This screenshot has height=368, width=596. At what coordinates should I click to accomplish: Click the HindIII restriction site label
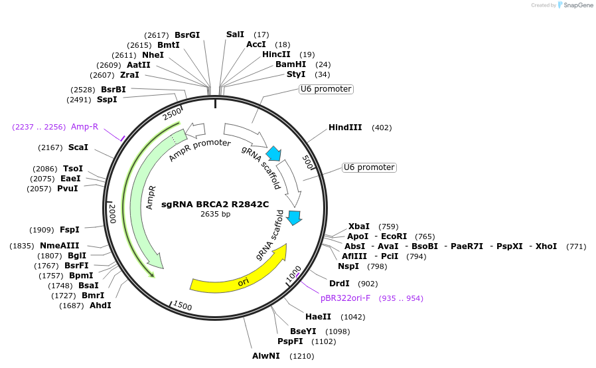345,128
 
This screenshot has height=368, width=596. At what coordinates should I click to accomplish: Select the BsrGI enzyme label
187,35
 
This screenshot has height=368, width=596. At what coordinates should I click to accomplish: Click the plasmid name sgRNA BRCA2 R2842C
216,204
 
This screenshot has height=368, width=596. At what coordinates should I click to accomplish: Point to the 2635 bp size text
216,214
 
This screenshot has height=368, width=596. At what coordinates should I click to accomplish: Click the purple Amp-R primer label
85,127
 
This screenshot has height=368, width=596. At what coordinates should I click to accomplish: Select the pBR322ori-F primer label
347,298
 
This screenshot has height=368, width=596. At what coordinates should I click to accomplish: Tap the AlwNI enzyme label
266,356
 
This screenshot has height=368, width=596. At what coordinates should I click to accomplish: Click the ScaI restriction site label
78,147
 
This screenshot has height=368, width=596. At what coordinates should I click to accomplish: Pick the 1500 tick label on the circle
182,306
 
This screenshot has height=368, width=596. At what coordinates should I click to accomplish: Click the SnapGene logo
575,5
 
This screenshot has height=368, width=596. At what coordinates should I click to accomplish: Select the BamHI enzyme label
291,64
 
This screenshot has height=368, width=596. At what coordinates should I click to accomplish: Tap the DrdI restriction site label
339,283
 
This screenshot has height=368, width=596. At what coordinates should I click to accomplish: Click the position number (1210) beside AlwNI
301,356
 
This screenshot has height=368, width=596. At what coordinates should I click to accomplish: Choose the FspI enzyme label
70,230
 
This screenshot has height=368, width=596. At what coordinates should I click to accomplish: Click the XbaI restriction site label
359,227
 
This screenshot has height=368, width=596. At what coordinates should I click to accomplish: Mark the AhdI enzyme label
100,306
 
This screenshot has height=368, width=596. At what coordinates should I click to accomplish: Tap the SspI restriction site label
107,100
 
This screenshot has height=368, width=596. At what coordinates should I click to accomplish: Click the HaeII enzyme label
317,317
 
